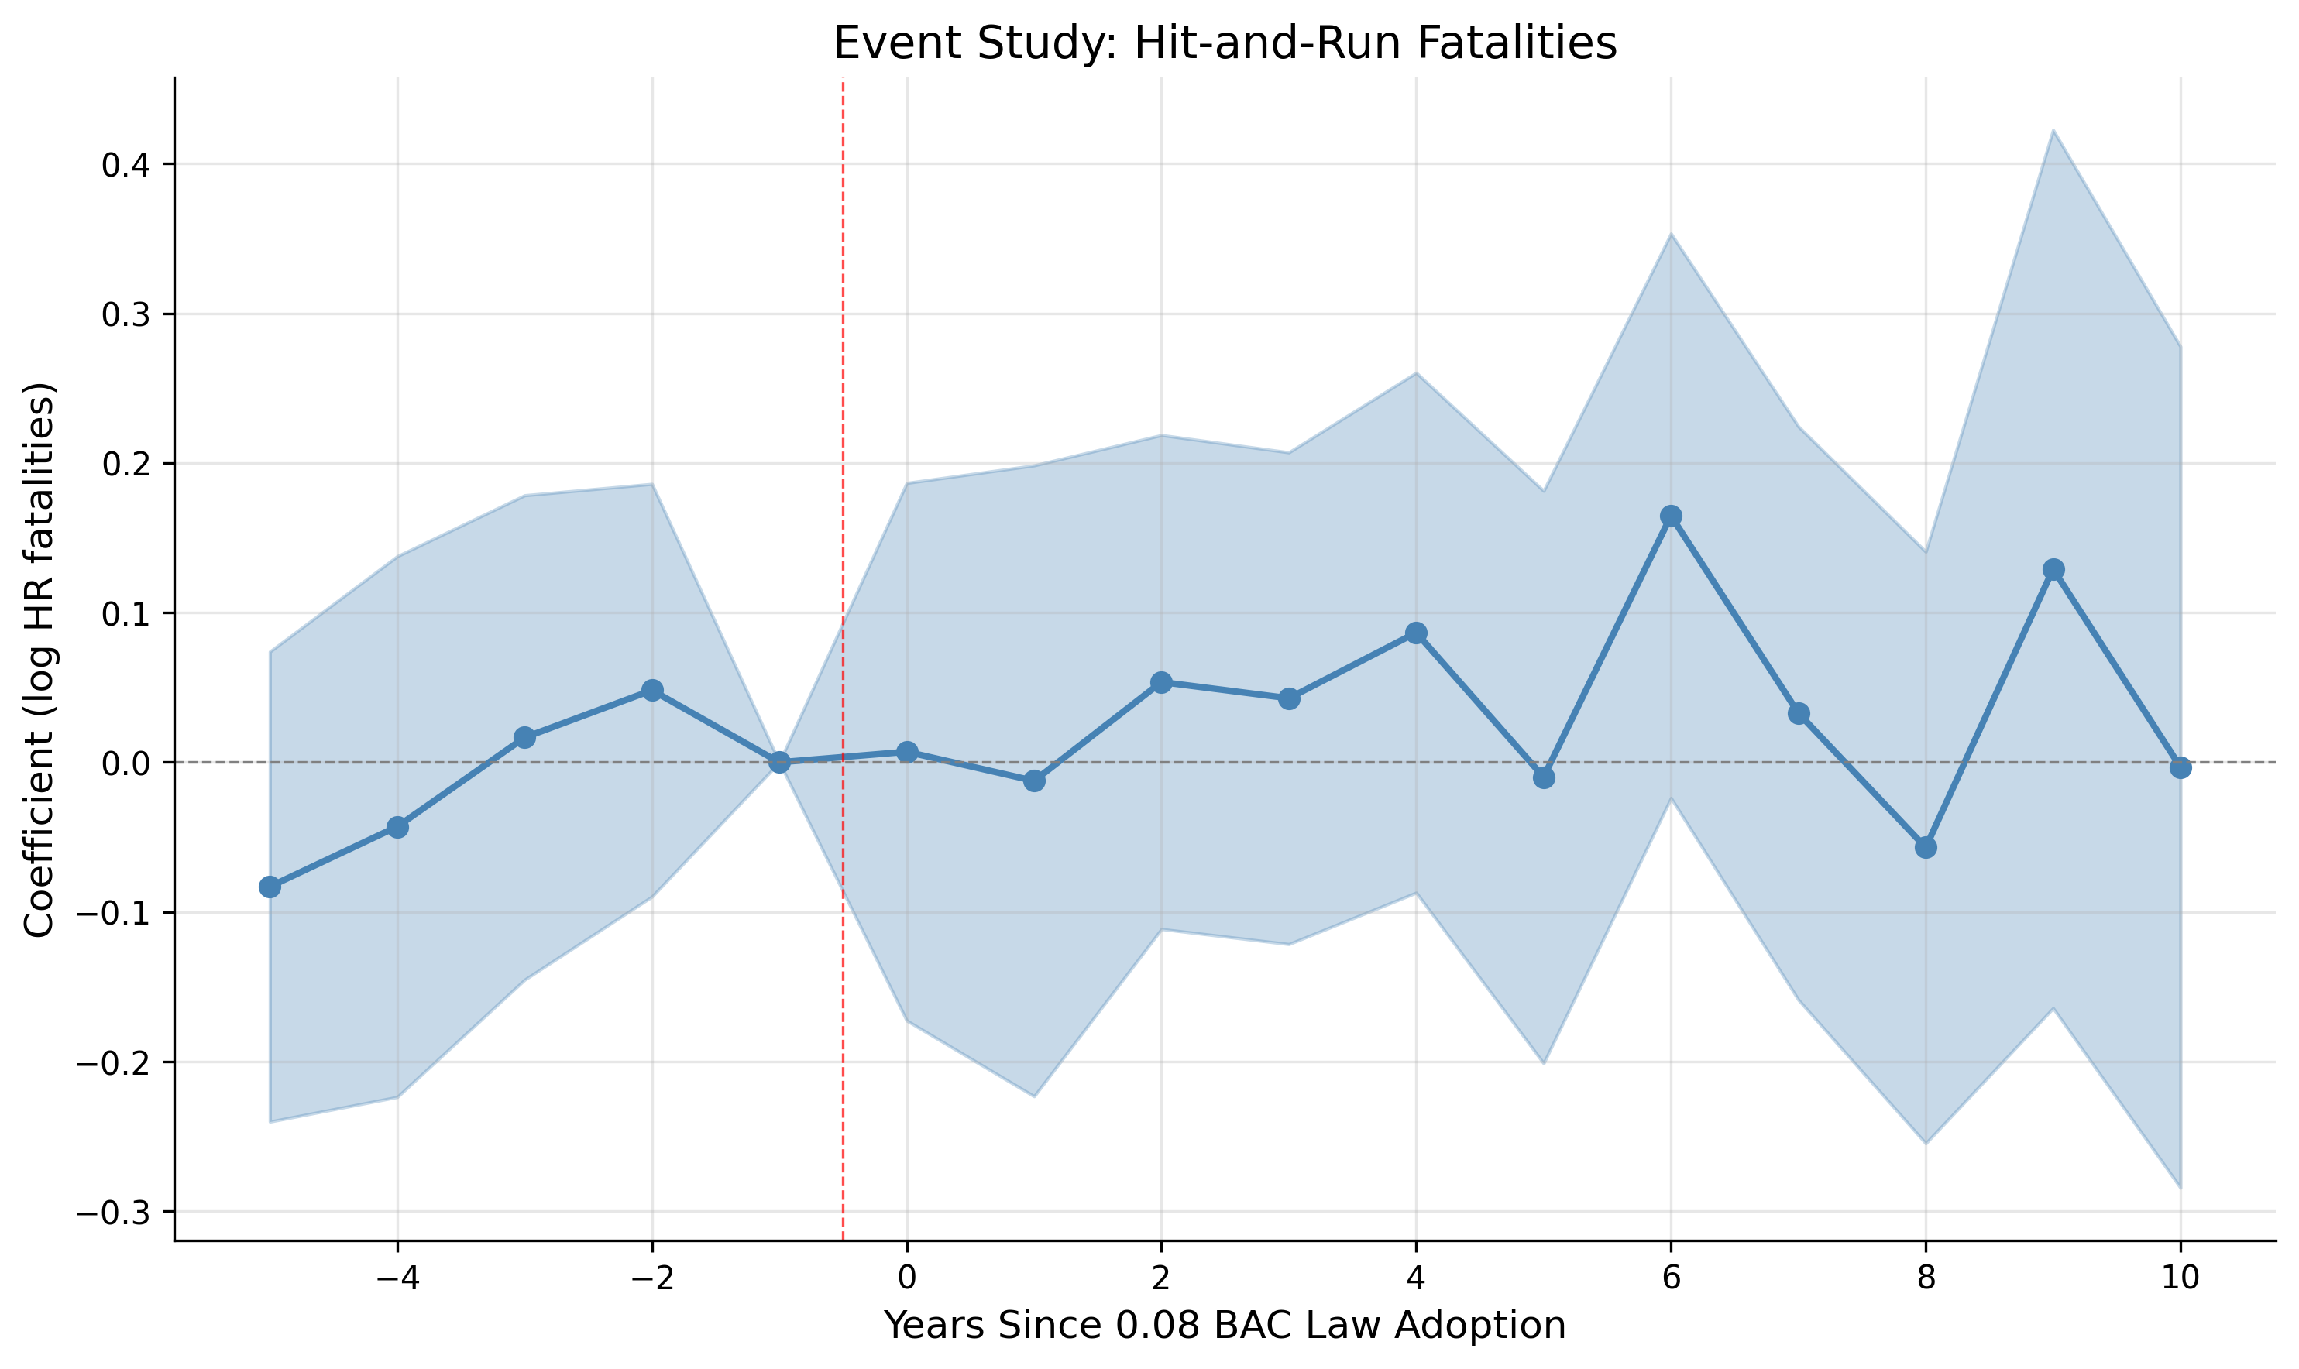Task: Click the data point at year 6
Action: tap(1671, 516)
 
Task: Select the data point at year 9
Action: tap(2053, 569)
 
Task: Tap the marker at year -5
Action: tap(270, 887)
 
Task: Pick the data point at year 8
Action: tap(1926, 847)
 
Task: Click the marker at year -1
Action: tap(779, 762)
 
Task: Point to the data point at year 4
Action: tap(1416, 633)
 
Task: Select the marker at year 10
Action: tap(2180, 767)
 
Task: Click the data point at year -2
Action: tap(652, 690)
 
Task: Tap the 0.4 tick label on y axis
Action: tap(125, 165)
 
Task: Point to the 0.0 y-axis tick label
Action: tap(125, 763)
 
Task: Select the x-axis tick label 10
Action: tap(2180, 1278)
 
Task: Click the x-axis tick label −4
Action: tap(397, 1278)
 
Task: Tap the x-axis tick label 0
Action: tap(907, 1278)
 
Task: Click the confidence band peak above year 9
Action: tap(2053, 131)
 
